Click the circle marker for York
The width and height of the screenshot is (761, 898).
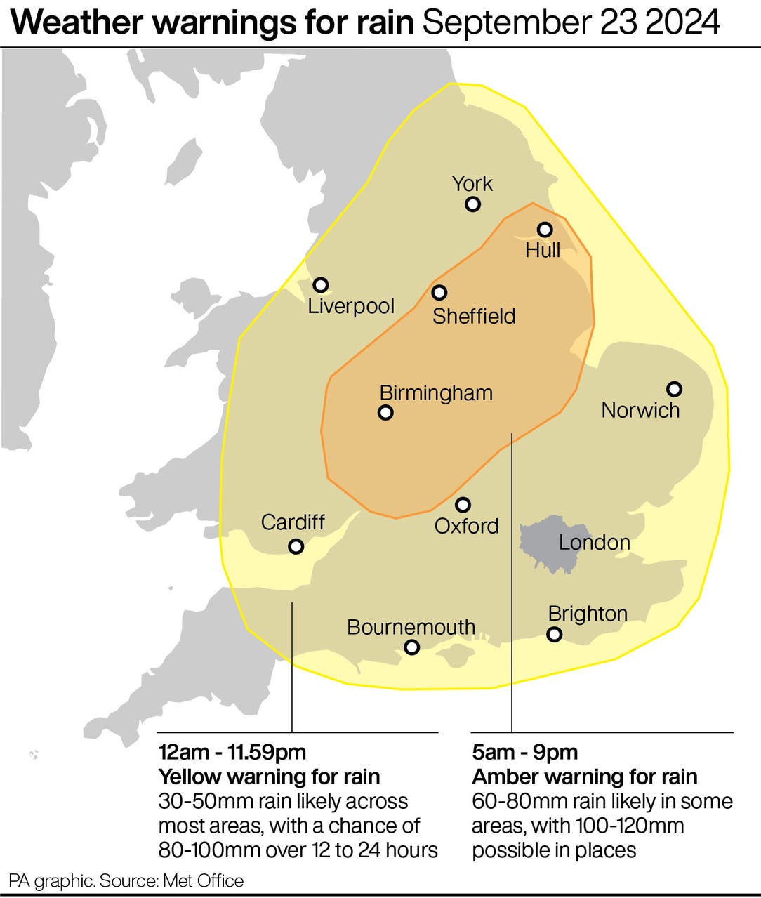pos(473,204)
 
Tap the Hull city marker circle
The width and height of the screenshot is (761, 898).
pos(545,230)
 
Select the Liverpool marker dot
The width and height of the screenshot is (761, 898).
pos(321,285)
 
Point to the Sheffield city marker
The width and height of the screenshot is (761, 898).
pos(439,292)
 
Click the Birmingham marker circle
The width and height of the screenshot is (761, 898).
pos(385,413)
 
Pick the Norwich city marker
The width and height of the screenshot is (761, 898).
pos(674,389)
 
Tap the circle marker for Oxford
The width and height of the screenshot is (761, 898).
pos(463,505)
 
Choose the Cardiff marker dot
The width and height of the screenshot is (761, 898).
pos(296,546)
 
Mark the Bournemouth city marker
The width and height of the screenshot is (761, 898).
pos(412,647)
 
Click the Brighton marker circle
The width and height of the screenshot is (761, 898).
pos(555,635)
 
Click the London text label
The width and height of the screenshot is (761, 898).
pos(594,543)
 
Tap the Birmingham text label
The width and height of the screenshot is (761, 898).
pos(436,392)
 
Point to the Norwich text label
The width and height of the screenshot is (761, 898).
pos(640,410)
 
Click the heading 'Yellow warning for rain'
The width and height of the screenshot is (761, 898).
pos(269,777)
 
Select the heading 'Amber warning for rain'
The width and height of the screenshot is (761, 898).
pos(584,777)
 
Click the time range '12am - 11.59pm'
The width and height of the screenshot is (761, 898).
pos(232,752)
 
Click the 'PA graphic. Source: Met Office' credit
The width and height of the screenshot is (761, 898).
pos(126,881)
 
